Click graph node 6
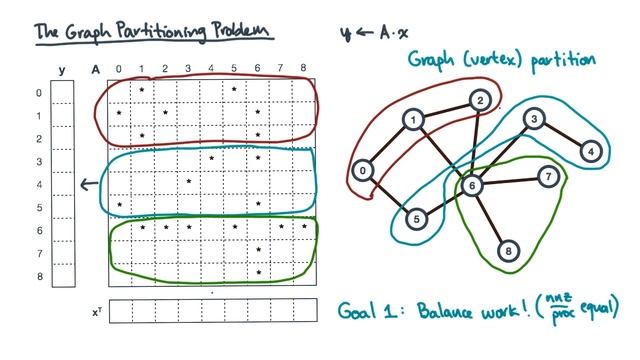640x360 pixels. (x=472, y=185)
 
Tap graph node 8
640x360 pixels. (x=508, y=251)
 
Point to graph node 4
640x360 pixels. (x=592, y=151)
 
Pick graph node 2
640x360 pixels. (x=481, y=100)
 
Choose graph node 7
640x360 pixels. (x=547, y=176)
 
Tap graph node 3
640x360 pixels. (x=535, y=120)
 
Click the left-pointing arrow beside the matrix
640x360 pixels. (x=88, y=182)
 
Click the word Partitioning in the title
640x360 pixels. (x=160, y=32)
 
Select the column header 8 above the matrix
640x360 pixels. (x=303, y=69)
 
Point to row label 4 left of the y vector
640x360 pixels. (x=39, y=183)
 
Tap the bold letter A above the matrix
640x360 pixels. (x=95, y=69)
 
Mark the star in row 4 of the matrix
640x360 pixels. (x=189, y=181)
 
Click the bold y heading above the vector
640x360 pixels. (x=62, y=69)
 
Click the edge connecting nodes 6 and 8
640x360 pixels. (x=490, y=218)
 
